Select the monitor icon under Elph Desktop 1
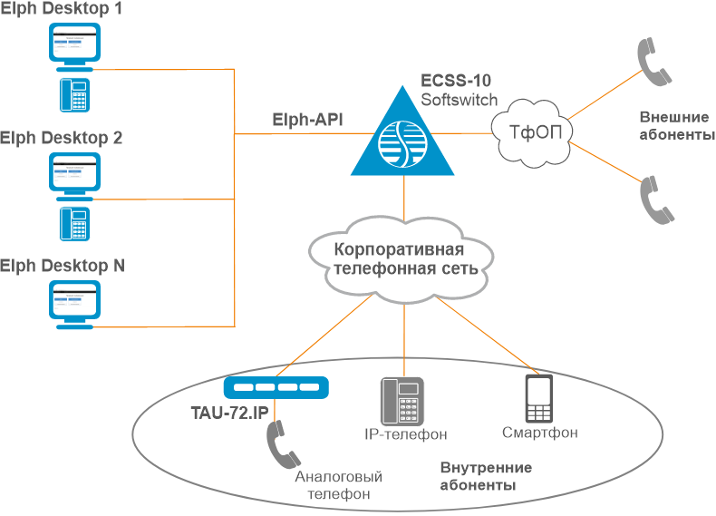tap(75, 46)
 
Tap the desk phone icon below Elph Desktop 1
tap(74, 94)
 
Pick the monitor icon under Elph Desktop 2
tap(75, 175)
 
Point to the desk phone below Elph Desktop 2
tap(74, 223)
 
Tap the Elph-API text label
tap(307, 119)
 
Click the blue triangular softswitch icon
tap(404, 136)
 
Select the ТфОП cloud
tap(535, 132)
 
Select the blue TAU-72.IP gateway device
tap(277, 388)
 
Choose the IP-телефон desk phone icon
tap(401, 400)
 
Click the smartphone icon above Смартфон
tap(540, 398)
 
